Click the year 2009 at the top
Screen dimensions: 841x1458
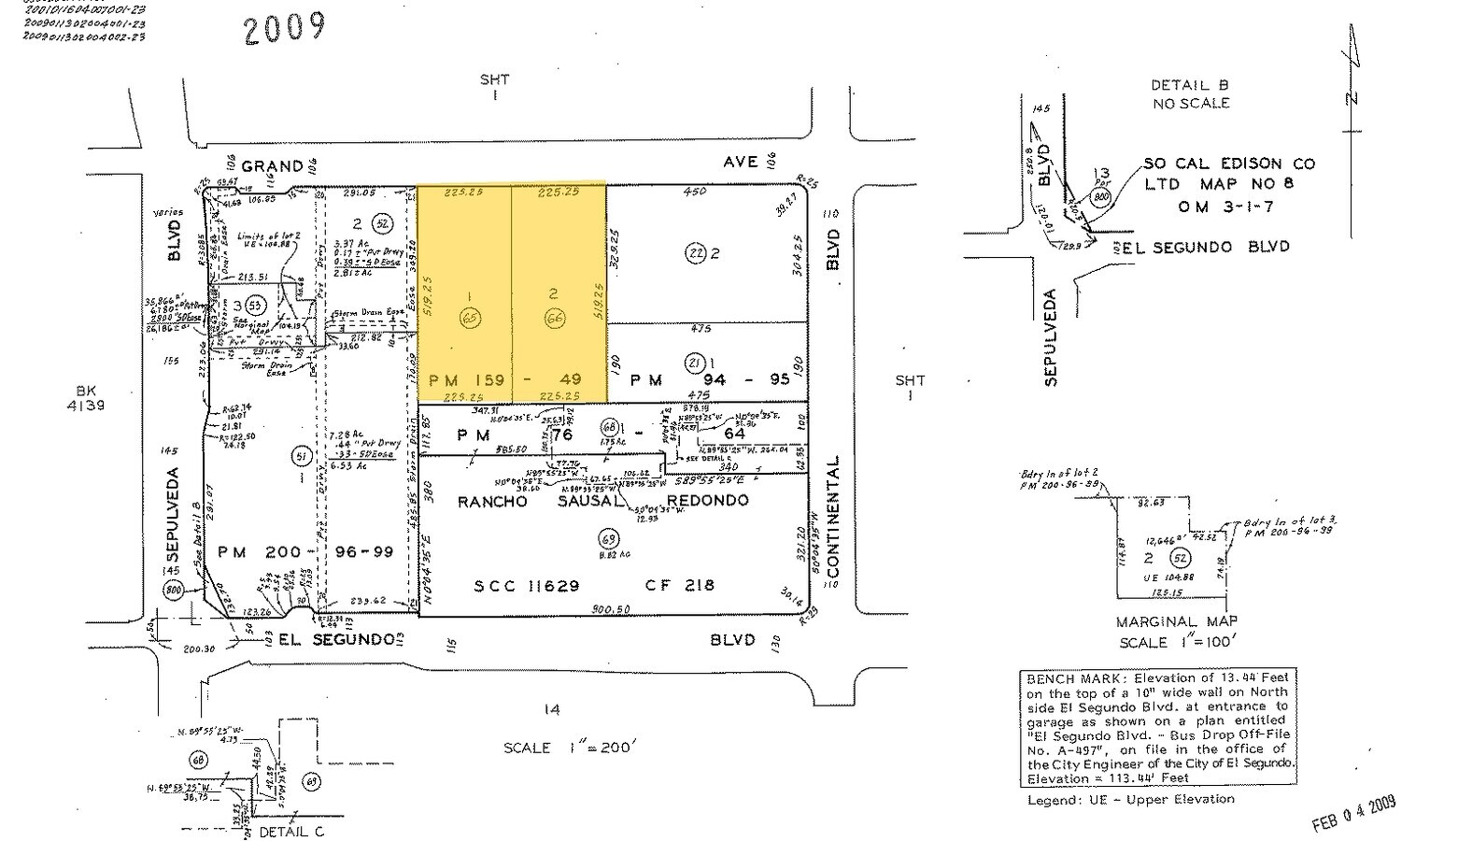coord(284,28)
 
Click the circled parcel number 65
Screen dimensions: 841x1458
coord(469,319)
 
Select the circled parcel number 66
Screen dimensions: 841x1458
coord(553,319)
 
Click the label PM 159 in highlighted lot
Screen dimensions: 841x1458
coord(466,379)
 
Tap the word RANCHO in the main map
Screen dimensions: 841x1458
coord(492,501)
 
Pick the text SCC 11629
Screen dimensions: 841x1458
coord(527,586)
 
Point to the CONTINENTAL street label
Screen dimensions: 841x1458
coord(833,518)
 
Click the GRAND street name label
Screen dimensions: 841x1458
coord(272,166)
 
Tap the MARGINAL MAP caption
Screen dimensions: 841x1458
coord(1176,621)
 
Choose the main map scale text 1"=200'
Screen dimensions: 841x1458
coord(569,748)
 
